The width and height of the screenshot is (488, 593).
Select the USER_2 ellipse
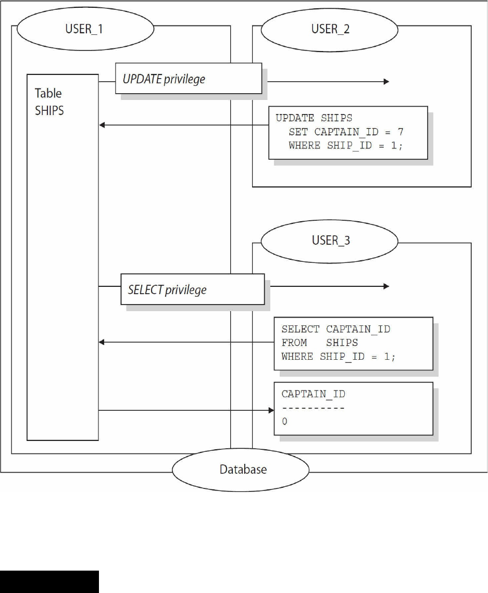coord(331,29)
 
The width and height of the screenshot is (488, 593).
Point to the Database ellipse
coord(243,469)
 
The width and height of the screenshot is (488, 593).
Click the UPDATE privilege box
coord(188,79)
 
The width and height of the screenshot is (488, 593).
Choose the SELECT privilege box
coord(192,289)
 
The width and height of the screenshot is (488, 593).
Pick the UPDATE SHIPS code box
coord(347,133)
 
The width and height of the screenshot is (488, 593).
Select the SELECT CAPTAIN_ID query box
coord(354,343)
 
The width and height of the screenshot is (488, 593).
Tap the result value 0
coord(284,422)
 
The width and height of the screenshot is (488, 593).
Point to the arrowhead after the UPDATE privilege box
coord(386,81)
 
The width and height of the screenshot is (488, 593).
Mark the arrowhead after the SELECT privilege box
coord(386,286)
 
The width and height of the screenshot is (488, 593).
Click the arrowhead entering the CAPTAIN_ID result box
coord(271,410)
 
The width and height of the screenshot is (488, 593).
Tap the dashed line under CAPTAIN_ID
coord(313,408)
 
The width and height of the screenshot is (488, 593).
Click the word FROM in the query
coord(295,343)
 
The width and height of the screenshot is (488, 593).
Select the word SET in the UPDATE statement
coord(298,132)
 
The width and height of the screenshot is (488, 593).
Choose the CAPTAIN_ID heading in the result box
coord(313,394)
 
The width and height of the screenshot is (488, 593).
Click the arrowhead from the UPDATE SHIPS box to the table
coord(102,125)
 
